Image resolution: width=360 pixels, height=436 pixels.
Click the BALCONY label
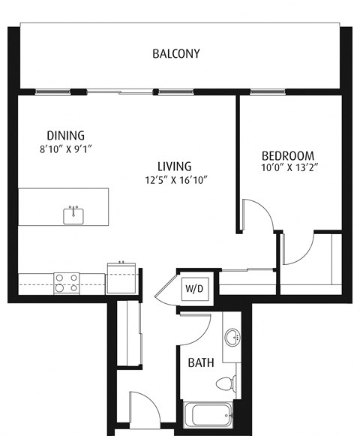[x=175, y=53]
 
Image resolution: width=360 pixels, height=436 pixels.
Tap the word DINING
[x=65, y=135]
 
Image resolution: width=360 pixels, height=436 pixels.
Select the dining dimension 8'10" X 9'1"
[x=65, y=149]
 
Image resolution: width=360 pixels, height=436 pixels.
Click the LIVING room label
[x=174, y=166]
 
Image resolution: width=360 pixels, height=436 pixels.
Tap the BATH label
[x=200, y=362]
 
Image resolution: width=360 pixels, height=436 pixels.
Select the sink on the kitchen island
[x=73, y=215]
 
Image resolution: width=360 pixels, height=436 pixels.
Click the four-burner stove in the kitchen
[x=67, y=282]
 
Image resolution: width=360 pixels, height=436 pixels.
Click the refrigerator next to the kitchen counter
[x=121, y=278]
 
